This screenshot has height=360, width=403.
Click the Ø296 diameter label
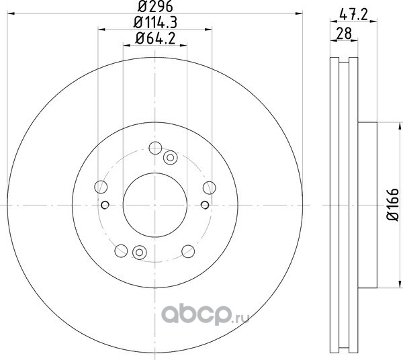[155, 7]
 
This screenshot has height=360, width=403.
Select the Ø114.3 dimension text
[155, 23]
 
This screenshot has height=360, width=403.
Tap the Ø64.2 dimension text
[155, 39]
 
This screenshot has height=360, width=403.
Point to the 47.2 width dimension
[353, 14]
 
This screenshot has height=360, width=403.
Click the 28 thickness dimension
[344, 34]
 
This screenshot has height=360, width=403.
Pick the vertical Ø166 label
[393, 205]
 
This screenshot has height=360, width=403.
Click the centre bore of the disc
[155, 205]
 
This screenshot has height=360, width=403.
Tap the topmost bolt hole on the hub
[155, 148]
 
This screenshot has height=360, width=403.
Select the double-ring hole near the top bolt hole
[170, 158]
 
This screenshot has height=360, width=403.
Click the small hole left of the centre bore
[105, 205]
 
